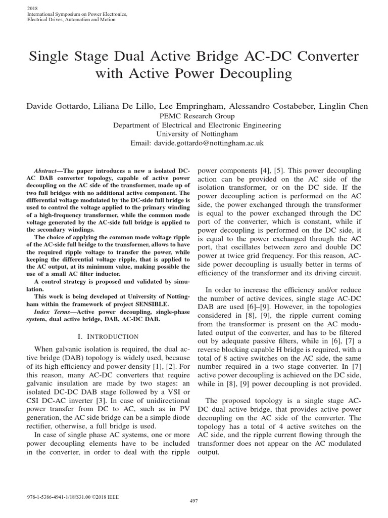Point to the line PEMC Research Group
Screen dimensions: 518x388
(x=194, y=116)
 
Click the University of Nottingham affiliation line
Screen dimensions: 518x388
(x=194, y=134)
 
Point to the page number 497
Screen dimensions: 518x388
(x=194, y=501)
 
